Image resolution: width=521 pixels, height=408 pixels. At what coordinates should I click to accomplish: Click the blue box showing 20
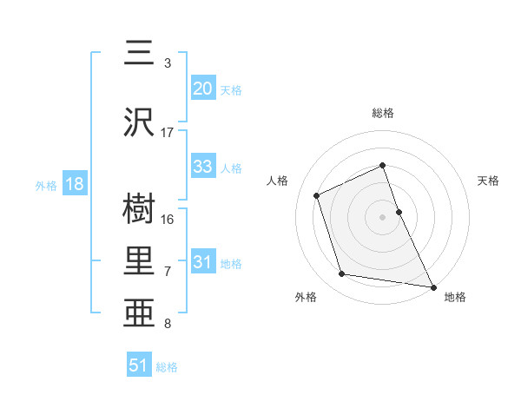pyautogui.click(x=203, y=89)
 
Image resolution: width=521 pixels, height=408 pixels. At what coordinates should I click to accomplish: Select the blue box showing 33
pyautogui.click(x=203, y=167)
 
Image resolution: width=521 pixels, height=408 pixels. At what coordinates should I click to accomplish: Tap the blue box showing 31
pyautogui.click(x=203, y=263)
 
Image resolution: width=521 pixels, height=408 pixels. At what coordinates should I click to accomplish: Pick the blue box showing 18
pyautogui.click(x=74, y=185)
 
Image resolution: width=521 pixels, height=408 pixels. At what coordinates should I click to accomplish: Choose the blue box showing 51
pyautogui.click(x=139, y=365)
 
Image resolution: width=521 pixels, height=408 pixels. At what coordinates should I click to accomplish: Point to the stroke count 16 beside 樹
pyautogui.click(x=168, y=220)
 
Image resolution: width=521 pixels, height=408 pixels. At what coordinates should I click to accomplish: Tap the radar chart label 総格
pyautogui.click(x=383, y=113)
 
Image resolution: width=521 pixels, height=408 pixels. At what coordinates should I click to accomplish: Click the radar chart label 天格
pyautogui.click(x=489, y=181)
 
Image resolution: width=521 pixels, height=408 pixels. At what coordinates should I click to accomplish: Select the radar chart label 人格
pyautogui.click(x=278, y=181)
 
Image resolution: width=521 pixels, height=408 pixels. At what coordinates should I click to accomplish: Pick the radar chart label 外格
pyautogui.click(x=305, y=298)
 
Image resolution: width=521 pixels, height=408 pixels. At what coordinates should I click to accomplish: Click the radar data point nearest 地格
pyautogui.click(x=433, y=286)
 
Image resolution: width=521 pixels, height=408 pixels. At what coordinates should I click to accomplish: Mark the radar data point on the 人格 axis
pyautogui.click(x=318, y=194)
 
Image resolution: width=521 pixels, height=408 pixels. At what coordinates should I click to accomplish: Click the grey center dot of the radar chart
pyautogui.click(x=383, y=216)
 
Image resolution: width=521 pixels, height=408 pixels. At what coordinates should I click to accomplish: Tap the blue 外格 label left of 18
pyautogui.click(x=45, y=186)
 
